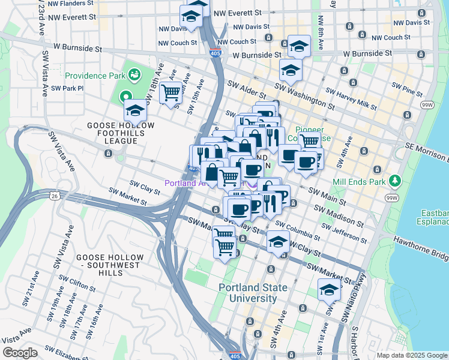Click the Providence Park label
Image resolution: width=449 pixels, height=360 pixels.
(x=94, y=76)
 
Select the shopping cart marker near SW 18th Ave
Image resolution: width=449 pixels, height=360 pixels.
(x=171, y=92)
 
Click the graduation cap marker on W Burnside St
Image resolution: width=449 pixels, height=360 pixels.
(x=298, y=46)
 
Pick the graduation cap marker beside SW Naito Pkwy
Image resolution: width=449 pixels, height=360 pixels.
(x=329, y=289)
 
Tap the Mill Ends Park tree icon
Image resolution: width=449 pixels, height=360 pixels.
(x=394, y=180)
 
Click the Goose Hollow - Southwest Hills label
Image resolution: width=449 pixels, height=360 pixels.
(x=109, y=261)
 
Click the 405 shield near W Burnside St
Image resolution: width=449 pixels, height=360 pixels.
(x=215, y=53)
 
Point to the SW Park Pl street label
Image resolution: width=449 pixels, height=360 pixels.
(x=67, y=88)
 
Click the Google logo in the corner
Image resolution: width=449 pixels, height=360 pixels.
(x=20, y=353)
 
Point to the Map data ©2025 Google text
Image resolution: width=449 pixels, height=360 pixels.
(x=412, y=355)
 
